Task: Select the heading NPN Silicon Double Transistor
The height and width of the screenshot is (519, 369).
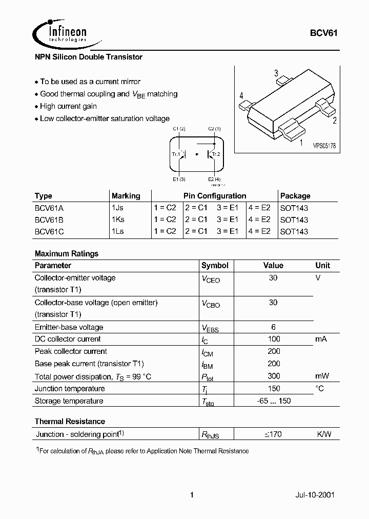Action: click(x=88, y=57)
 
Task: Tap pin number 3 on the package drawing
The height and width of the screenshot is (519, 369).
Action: click(x=276, y=73)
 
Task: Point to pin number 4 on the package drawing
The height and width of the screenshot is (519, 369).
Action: click(x=241, y=96)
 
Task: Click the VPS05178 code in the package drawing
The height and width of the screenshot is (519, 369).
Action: click(x=324, y=146)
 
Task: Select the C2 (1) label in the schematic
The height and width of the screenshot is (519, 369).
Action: click(x=214, y=129)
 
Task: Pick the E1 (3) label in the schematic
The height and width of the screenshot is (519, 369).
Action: click(x=179, y=179)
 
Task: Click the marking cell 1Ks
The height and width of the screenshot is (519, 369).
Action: click(x=118, y=219)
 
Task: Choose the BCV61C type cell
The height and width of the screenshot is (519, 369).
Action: click(x=49, y=231)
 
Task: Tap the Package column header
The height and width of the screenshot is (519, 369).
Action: click(x=295, y=196)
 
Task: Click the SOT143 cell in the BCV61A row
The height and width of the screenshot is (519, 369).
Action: click(x=294, y=208)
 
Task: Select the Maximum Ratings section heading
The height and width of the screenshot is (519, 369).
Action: click(x=67, y=253)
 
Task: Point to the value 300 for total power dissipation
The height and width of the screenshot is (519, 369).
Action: click(x=273, y=376)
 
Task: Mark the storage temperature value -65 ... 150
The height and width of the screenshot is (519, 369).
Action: click(x=273, y=401)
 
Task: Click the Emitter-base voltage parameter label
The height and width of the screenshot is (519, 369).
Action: click(x=69, y=327)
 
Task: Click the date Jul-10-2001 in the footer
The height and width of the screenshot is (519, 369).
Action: click(x=314, y=495)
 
